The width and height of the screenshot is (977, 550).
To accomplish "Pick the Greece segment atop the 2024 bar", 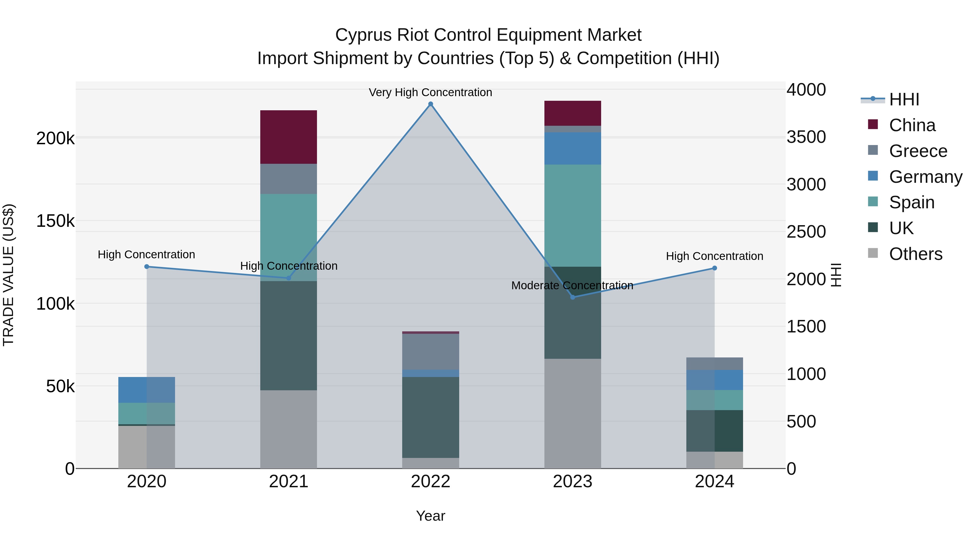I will (x=714, y=363).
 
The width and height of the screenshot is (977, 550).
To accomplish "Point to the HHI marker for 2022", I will (x=430, y=104).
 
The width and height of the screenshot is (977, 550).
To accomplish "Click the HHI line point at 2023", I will (x=573, y=297).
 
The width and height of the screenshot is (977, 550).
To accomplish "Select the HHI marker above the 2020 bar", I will (x=147, y=266).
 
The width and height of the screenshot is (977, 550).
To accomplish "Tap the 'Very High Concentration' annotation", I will (x=430, y=92).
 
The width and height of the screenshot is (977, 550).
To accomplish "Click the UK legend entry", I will (x=901, y=228).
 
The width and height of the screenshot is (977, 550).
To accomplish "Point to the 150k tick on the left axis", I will (x=55, y=221).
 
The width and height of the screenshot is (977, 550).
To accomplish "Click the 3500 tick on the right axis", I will (x=806, y=137).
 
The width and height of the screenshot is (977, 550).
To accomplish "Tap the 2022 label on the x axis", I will (x=430, y=481).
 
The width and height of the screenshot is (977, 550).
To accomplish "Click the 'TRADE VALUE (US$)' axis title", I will (x=8, y=275).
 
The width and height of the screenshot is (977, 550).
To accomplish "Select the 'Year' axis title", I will (x=430, y=516).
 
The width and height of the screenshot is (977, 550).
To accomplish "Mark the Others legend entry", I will (x=915, y=254).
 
